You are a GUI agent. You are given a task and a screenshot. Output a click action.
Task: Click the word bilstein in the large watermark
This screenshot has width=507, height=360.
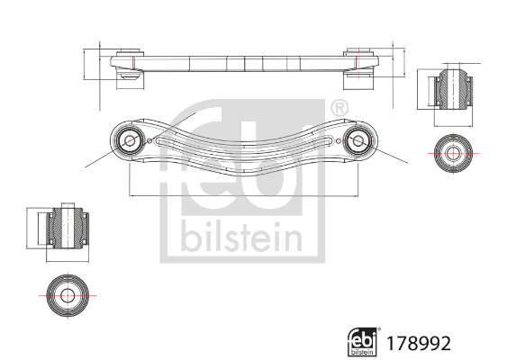pyautogui.click(x=241, y=236)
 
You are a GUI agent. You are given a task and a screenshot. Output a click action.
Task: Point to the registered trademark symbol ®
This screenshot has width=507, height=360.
pyautogui.click(x=339, y=108)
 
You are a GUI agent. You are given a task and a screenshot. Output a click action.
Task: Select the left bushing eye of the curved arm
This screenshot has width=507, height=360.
pyautogui.click(x=127, y=139)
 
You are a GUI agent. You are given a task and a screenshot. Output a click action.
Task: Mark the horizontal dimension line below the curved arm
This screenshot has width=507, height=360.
pyautogui.click(x=243, y=194)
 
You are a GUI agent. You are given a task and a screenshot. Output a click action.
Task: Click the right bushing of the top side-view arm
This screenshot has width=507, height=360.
pyautogui.click(x=360, y=68)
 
